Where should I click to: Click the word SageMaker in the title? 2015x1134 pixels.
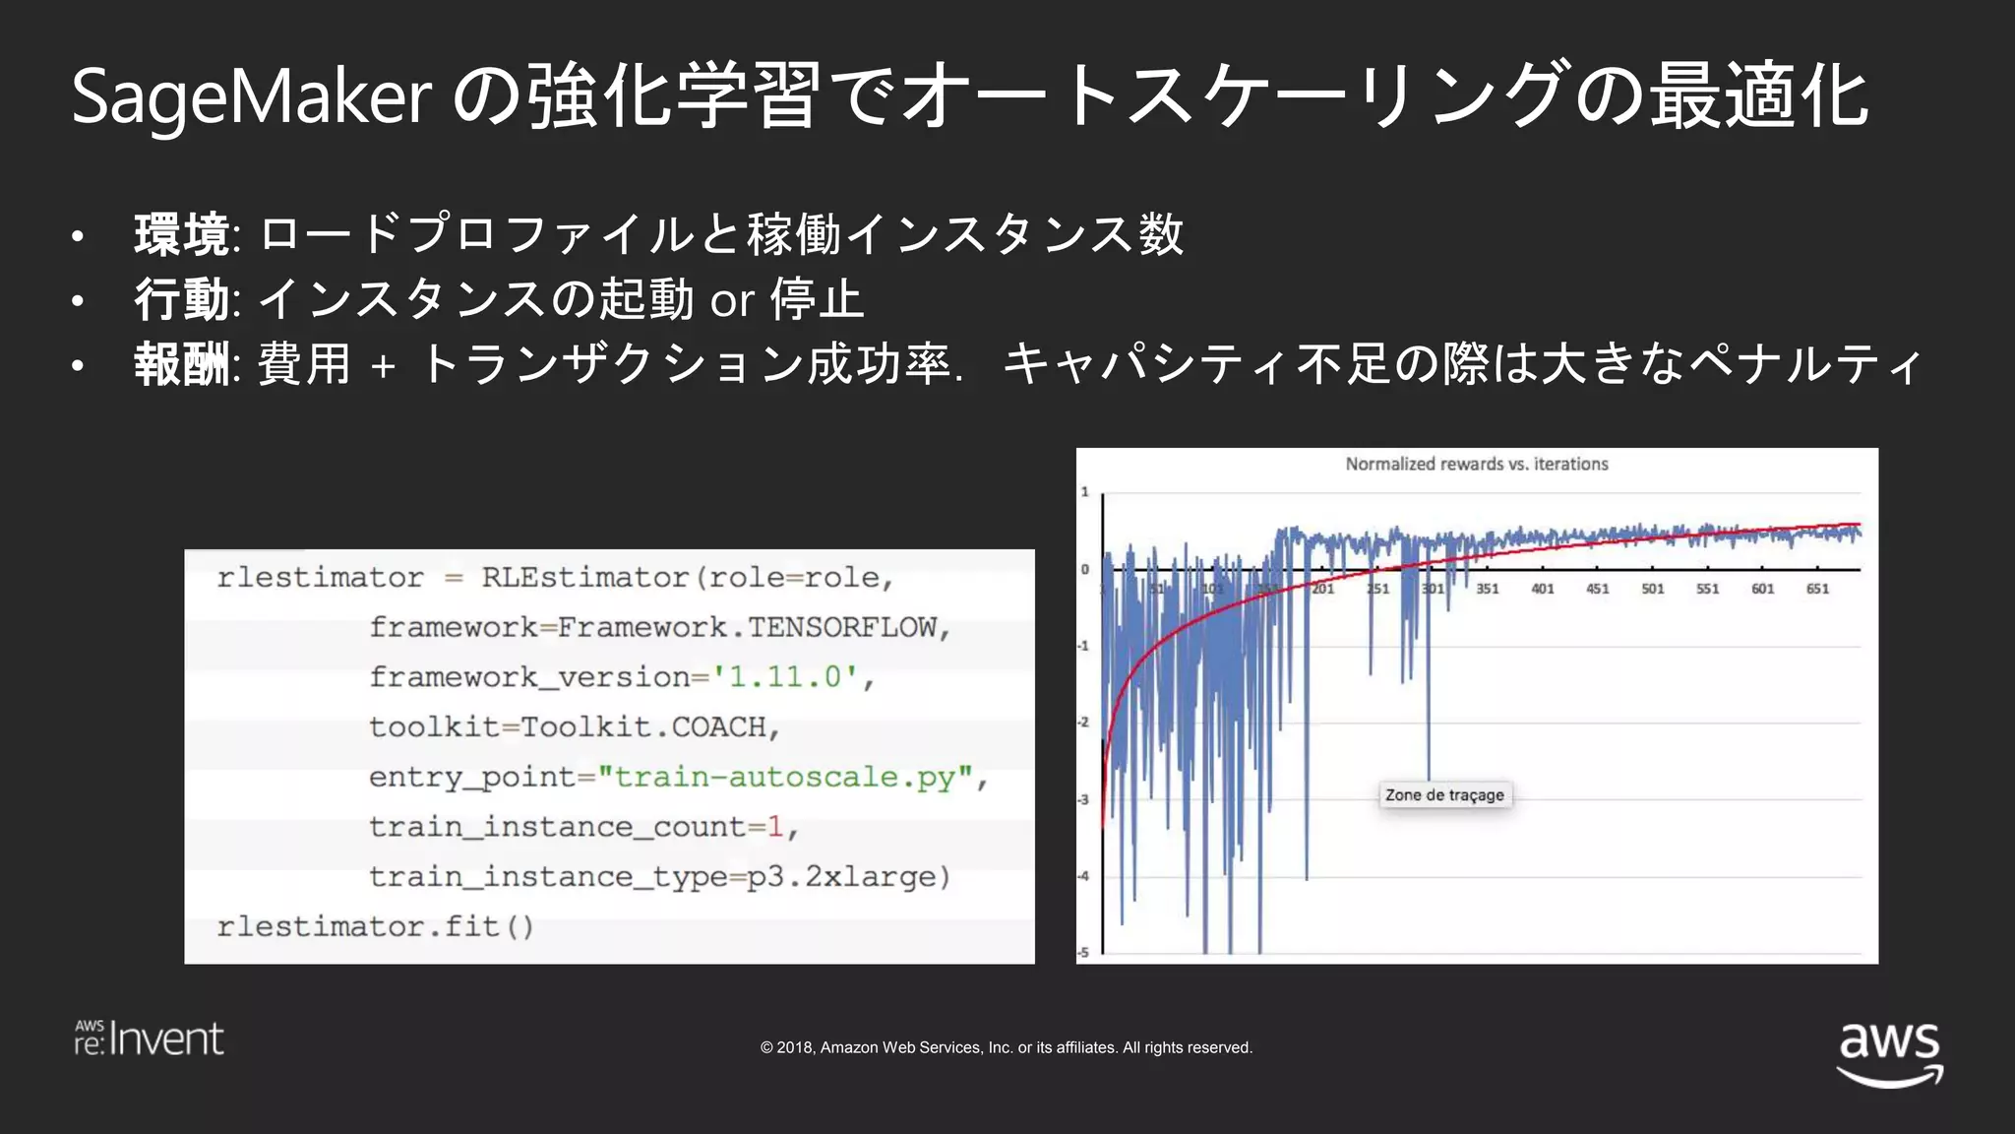tap(251, 97)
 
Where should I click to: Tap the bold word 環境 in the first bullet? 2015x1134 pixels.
tap(182, 235)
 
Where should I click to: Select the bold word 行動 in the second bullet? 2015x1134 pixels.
tap(182, 299)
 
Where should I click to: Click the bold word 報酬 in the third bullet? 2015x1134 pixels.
tap(182, 364)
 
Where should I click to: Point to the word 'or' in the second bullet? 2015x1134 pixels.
tap(732, 300)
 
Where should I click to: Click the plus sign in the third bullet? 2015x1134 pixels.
tap(384, 367)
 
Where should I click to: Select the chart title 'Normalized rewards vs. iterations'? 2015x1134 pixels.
tap(1476, 464)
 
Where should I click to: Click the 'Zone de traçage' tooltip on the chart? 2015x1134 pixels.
tap(1443, 795)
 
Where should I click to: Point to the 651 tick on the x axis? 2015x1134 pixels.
tap(1817, 589)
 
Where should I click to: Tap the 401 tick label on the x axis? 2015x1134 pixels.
tap(1542, 589)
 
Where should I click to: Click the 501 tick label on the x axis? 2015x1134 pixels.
tap(1652, 589)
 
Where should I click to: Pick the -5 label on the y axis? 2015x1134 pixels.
tap(1083, 952)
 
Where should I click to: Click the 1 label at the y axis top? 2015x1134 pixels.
tap(1085, 491)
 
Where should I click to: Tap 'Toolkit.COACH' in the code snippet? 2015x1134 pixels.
tap(643, 727)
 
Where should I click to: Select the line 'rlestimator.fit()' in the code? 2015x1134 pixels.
tap(375, 927)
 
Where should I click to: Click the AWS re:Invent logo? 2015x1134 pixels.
tap(149, 1039)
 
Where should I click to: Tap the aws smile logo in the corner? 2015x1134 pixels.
tap(1889, 1053)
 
